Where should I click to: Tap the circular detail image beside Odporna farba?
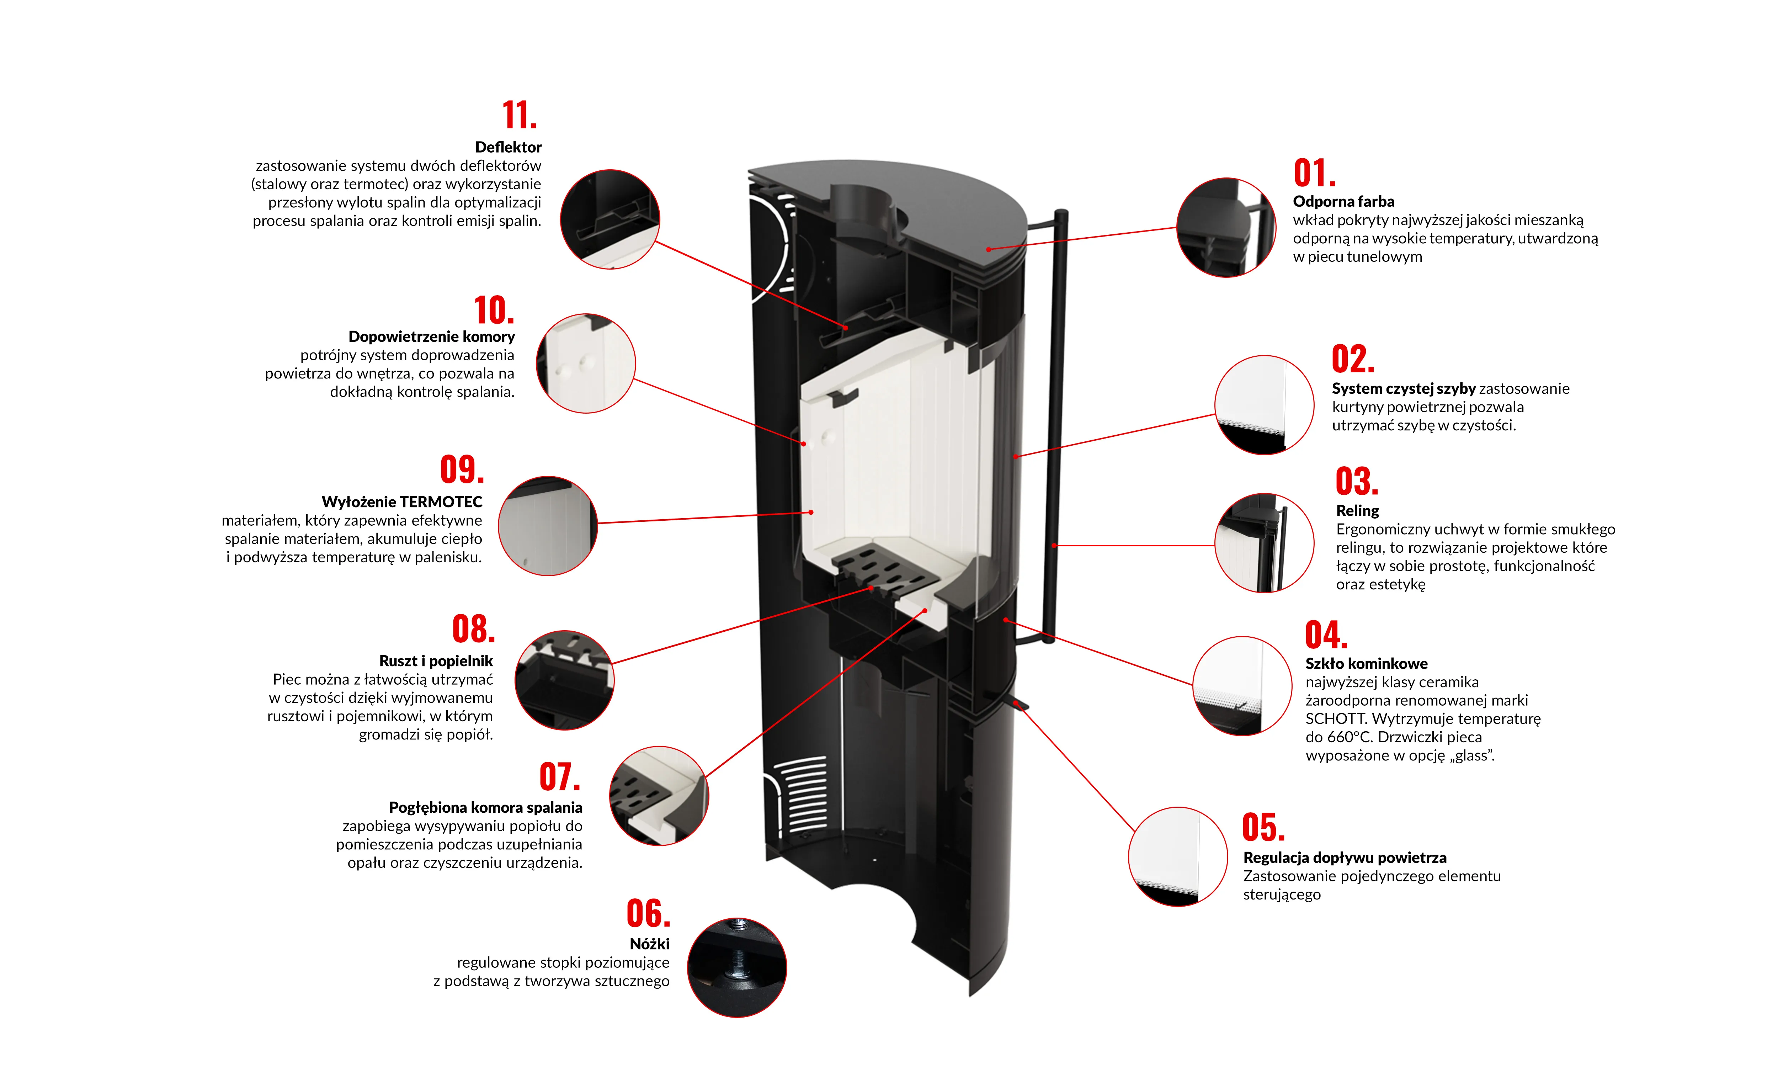[1226, 227]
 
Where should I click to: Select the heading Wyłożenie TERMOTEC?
[402, 502]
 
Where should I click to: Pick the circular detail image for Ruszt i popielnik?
[564, 680]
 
